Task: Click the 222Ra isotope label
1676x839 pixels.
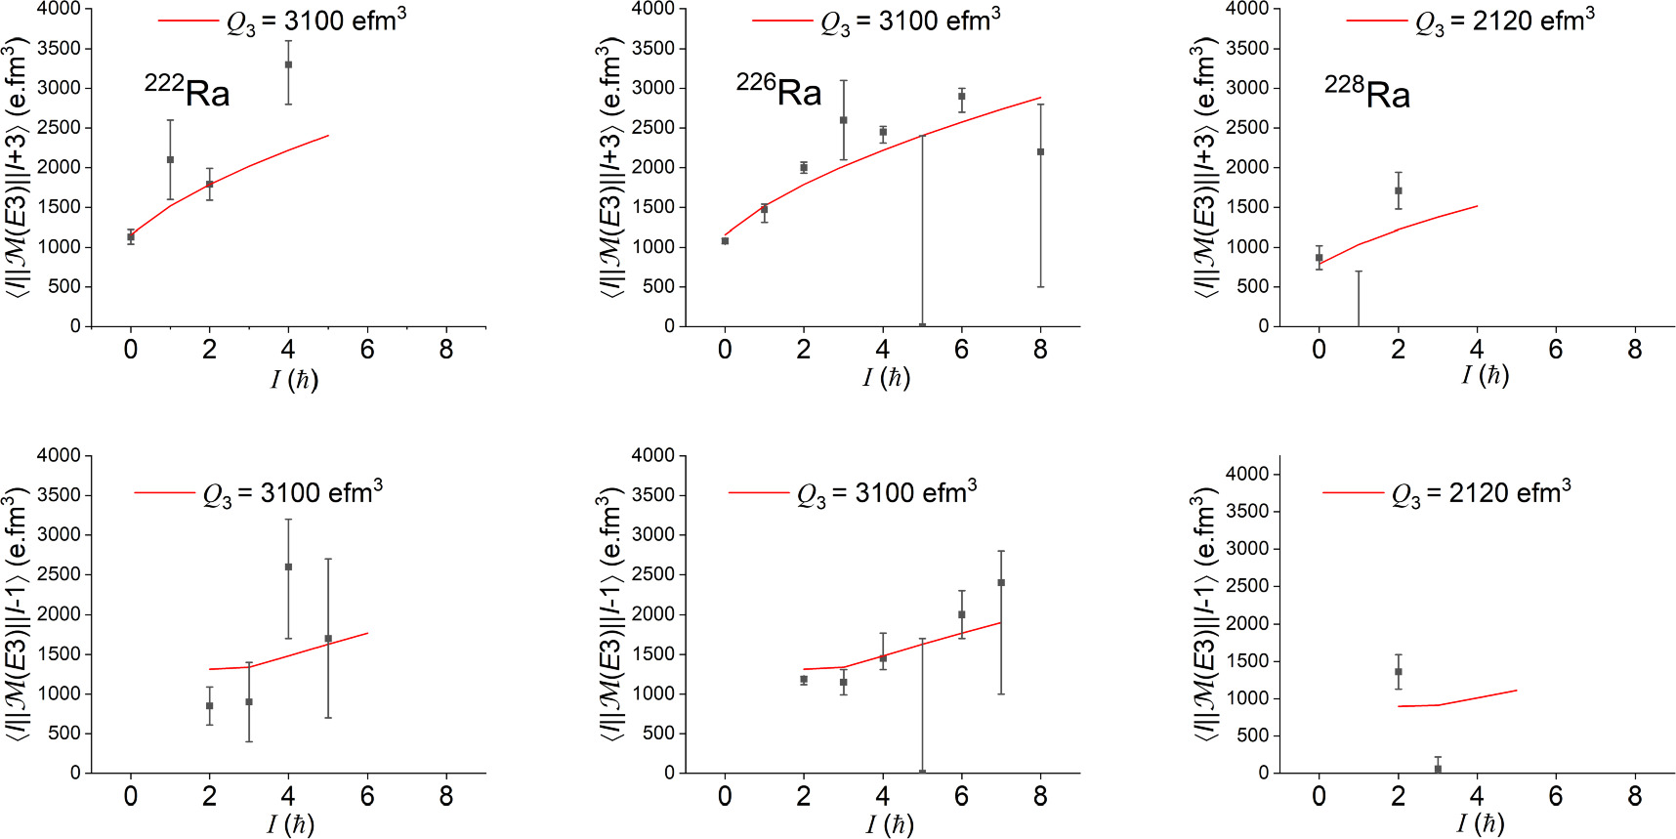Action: tap(188, 92)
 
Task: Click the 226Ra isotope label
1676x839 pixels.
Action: tap(779, 91)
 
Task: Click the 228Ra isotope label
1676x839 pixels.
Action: tap(1367, 93)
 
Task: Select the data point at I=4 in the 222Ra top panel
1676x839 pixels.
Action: tap(288, 64)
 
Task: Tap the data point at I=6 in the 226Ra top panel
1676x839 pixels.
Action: tap(962, 96)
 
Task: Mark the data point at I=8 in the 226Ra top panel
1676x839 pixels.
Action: tap(1040, 151)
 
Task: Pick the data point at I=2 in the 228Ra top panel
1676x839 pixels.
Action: tap(1399, 190)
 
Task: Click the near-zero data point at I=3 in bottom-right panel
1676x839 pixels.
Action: tap(1438, 769)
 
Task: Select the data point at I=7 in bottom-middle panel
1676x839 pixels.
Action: tap(1001, 582)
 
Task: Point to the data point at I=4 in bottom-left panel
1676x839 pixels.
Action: tap(288, 566)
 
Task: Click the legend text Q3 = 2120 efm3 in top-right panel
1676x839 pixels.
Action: tap(1504, 21)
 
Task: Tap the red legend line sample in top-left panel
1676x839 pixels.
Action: tap(188, 21)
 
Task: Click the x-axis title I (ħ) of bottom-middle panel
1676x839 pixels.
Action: tap(889, 824)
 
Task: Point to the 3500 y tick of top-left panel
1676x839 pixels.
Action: tap(61, 49)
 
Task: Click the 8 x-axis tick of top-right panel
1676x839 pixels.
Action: tap(1635, 350)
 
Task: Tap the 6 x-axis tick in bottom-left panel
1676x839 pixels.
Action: tap(367, 796)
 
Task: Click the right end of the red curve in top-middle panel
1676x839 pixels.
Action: tap(1040, 98)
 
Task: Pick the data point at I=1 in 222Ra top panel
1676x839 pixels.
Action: tap(170, 159)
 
